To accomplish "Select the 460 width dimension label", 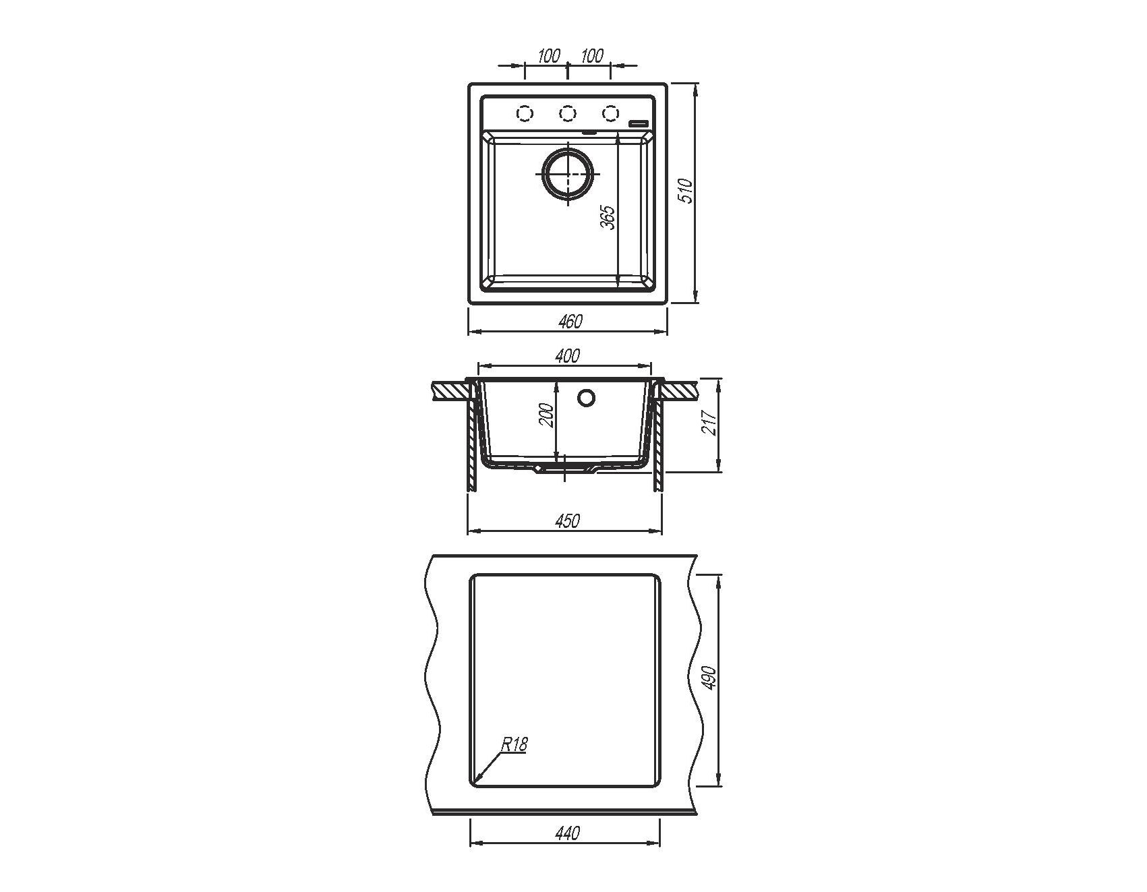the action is [570, 322].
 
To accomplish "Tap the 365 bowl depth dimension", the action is [608, 218].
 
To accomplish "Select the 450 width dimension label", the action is [568, 521].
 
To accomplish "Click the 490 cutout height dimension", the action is [708, 679].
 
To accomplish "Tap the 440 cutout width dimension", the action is [568, 833].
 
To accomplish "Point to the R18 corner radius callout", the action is [514, 745].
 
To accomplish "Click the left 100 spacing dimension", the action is [550, 55].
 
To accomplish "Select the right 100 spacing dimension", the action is [591, 55].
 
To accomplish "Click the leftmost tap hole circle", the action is [525, 113].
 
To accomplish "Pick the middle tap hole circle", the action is [568, 113].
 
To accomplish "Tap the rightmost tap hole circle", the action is [611, 113].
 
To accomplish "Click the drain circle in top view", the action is [568, 173].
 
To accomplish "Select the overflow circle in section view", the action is [587, 398].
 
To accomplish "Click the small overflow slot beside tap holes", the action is [638, 123].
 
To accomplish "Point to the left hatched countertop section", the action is [449, 390].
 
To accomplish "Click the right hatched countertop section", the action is [680, 390].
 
